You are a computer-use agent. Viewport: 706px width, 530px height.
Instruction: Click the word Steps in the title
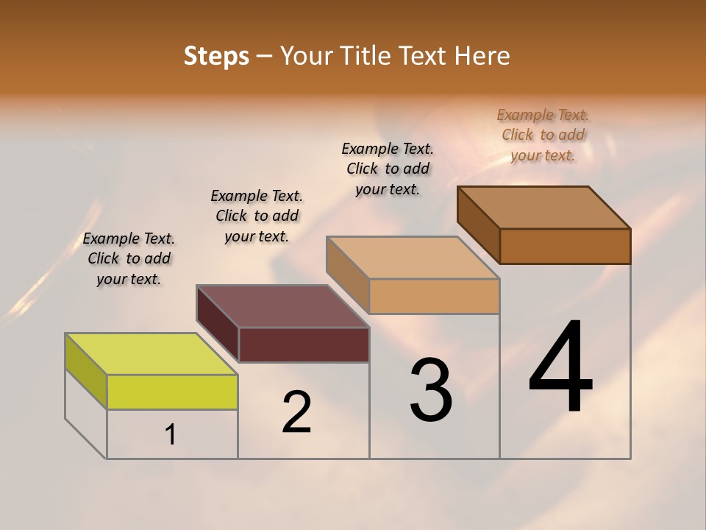[x=216, y=56]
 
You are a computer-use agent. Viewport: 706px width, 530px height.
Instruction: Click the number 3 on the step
[x=431, y=390]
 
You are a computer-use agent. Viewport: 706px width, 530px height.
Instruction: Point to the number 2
[x=297, y=412]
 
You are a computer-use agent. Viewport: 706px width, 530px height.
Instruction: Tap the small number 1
[x=171, y=435]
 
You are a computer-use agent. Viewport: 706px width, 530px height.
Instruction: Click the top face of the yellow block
[x=151, y=353]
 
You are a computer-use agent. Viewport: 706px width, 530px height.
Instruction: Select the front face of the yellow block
[x=172, y=392]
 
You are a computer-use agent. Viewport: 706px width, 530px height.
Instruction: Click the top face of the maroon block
[x=282, y=305]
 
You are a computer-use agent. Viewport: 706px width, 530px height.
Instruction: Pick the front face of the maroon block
[x=304, y=344]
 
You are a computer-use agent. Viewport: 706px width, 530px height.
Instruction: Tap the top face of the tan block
[x=413, y=258]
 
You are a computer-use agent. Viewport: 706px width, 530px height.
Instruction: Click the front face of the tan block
[x=434, y=296]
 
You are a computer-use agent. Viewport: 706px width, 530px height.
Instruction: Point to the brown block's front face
[x=565, y=246]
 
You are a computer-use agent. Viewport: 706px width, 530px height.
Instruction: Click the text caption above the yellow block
[x=129, y=258]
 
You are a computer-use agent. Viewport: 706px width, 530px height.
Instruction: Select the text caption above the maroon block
[x=257, y=216]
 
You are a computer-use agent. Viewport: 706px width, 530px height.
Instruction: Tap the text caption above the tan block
[x=388, y=169]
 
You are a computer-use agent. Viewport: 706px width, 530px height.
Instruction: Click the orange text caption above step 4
[x=543, y=135]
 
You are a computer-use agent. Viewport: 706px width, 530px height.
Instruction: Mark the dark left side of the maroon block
[x=218, y=322]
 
